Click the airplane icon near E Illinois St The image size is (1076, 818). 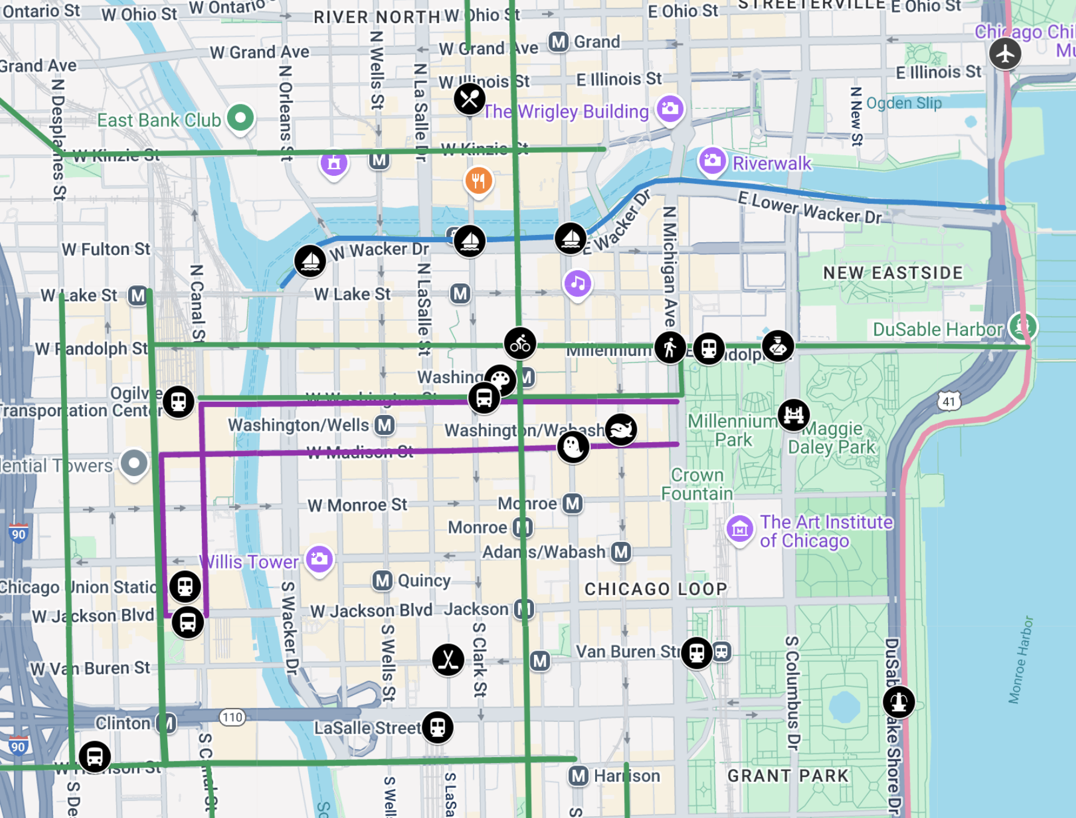pos(1005,53)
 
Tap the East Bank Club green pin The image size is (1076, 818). pos(240,117)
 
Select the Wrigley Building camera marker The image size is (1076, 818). pos(670,109)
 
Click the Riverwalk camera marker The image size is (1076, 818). pos(712,161)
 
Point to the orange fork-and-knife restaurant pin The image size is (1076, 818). pos(478,180)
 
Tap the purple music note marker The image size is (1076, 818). pos(578,283)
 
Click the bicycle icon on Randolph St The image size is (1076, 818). pos(520,344)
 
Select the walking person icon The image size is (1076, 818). pos(670,347)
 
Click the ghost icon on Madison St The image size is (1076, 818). pos(573,448)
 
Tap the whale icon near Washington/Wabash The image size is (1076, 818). pos(620,430)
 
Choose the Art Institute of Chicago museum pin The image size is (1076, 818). pos(739,529)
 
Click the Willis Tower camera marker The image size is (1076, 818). pos(319,559)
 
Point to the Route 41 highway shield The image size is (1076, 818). pos(949,401)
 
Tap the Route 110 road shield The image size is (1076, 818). pos(232,717)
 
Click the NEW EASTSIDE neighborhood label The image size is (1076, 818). pos(893,273)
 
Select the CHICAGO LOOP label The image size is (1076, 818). pos(656,589)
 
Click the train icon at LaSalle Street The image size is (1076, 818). pos(437,727)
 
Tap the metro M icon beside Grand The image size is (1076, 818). pos(558,42)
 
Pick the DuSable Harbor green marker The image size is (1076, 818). pos(1022,327)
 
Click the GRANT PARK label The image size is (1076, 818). pos(788,776)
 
